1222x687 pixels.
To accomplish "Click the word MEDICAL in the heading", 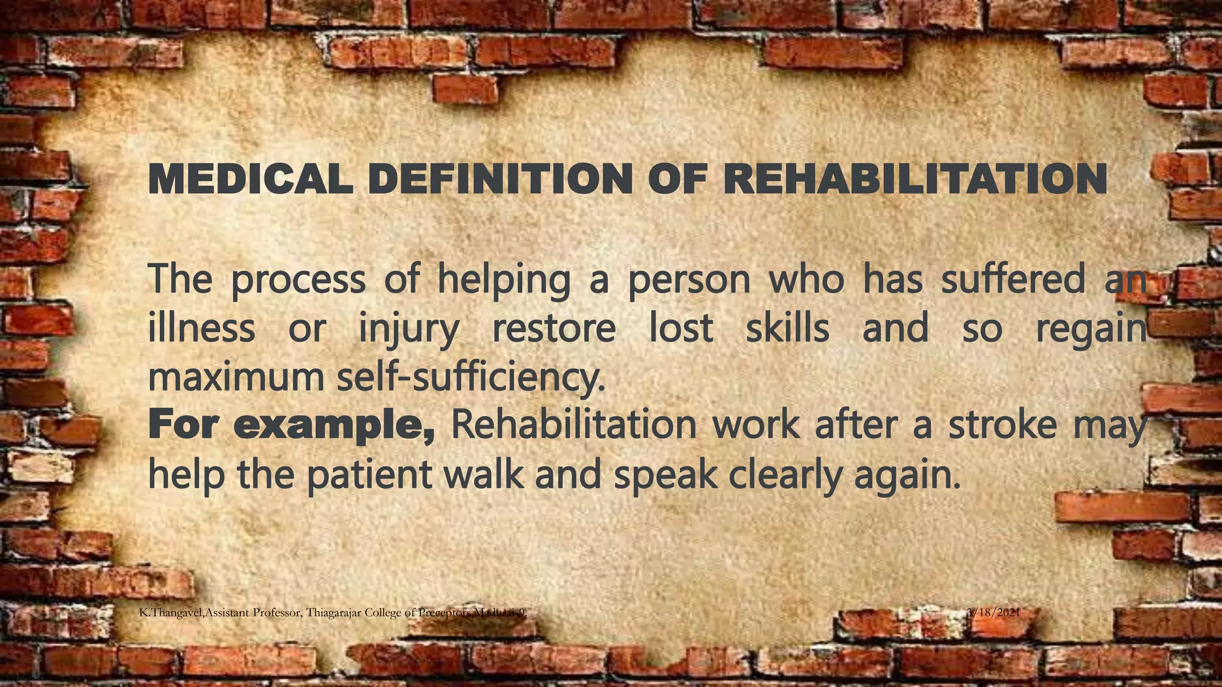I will tap(250, 178).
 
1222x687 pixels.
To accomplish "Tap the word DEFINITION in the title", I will tap(500, 178).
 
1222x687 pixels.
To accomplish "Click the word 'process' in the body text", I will tap(298, 281).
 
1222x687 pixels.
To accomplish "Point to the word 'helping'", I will tap(504, 281).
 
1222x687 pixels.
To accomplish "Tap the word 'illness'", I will tap(201, 328).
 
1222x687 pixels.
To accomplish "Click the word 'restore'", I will tap(554, 328).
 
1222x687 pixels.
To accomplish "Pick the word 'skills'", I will tap(788, 328).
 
